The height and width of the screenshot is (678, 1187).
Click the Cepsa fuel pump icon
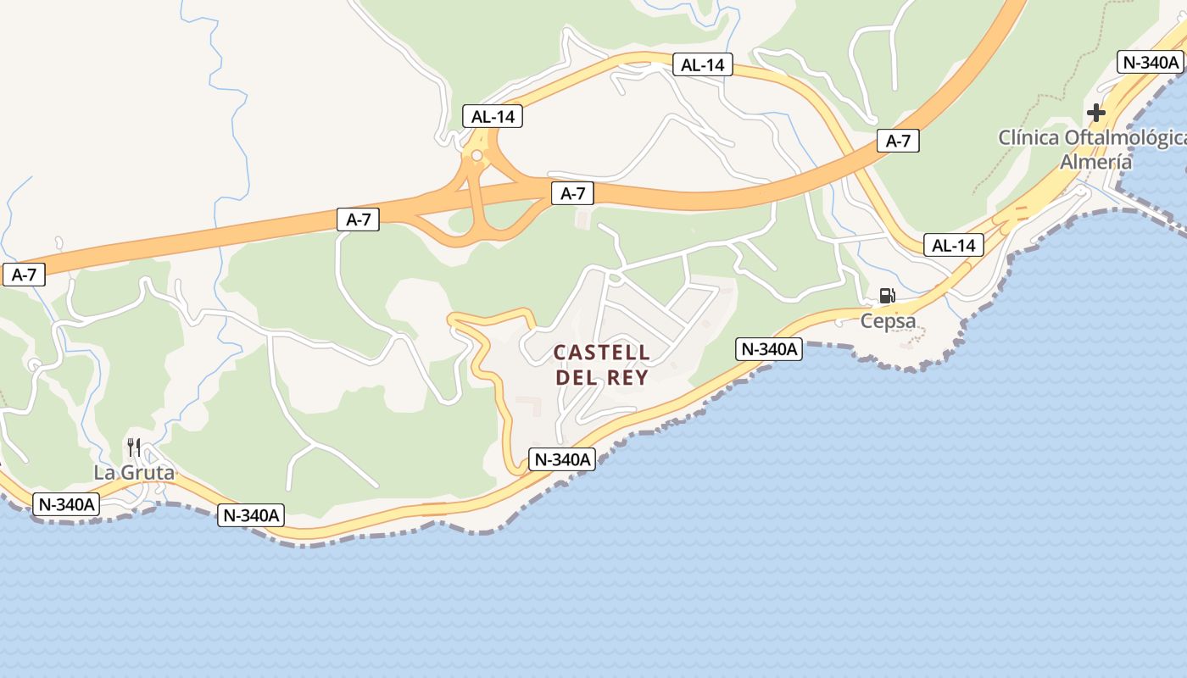[x=887, y=296]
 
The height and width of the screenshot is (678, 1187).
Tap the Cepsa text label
[x=888, y=321]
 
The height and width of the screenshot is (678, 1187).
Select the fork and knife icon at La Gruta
[x=134, y=447]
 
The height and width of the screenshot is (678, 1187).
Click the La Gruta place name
[x=134, y=473]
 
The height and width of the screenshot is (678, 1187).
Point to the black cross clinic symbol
[x=1096, y=112]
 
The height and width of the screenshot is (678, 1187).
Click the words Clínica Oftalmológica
[x=1092, y=137]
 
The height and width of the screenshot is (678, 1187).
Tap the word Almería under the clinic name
[x=1096, y=162]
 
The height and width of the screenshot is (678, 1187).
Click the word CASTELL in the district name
[x=602, y=353]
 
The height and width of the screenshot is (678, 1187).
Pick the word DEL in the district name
[x=575, y=378]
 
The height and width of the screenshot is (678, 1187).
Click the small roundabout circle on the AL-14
[x=476, y=155]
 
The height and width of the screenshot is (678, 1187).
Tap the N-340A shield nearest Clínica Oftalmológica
[x=1151, y=62]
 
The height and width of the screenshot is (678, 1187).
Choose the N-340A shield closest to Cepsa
[x=769, y=349]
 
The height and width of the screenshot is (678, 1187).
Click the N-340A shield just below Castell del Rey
[x=562, y=459]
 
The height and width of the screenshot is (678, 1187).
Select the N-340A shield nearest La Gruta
[x=66, y=504]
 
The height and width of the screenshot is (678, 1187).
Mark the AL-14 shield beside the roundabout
[x=493, y=117]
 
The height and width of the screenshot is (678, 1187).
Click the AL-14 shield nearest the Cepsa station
[x=954, y=246]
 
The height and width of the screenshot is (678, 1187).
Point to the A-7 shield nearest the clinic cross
[x=898, y=142]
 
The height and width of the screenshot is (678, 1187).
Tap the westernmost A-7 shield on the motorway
[x=24, y=275]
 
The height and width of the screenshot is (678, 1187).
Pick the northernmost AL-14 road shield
[x=702, y=64]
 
